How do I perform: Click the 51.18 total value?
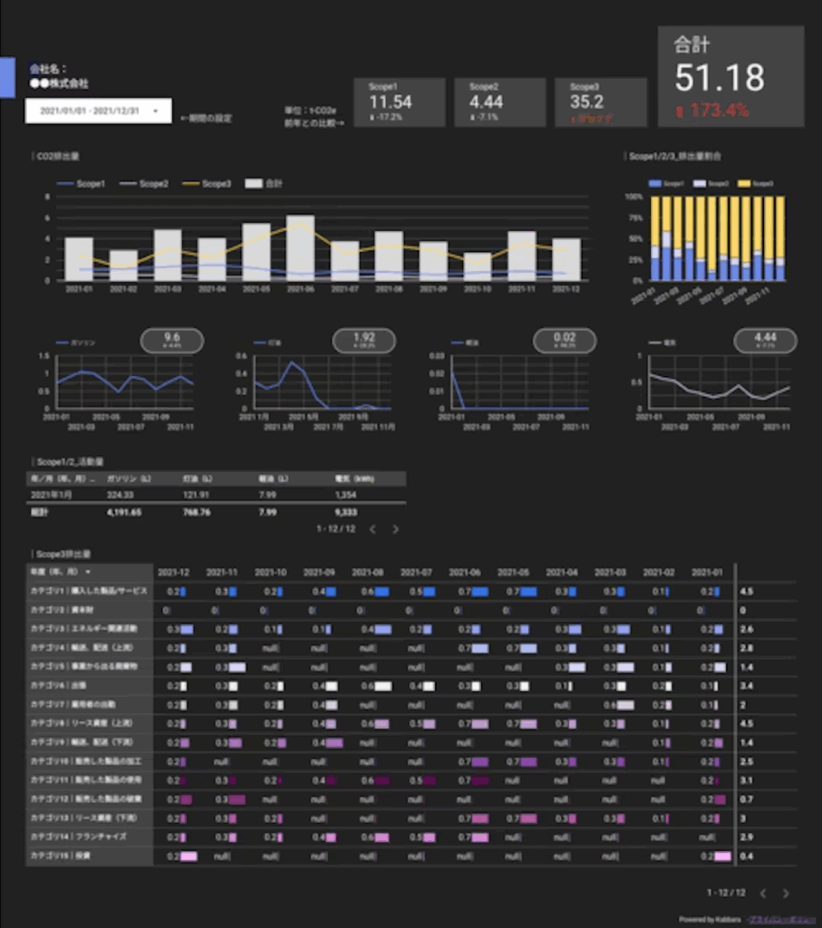pos(720,78)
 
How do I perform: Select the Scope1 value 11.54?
pos(391,101)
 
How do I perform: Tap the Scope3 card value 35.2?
pos(587,101)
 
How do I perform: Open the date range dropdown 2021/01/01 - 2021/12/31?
pos(97,111)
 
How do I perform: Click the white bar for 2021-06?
pos(300,247)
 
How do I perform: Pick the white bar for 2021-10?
pos(477,266)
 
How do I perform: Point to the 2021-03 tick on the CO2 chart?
pos(167,289)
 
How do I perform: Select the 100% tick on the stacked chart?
pos(633,197)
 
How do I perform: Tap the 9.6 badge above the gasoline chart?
pos(172,340)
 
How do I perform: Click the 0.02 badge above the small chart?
pos(564,340)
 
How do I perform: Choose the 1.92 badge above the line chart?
pos(363,340)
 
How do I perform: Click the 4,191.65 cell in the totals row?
pos(123,512)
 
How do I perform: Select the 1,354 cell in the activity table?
pos(345,495)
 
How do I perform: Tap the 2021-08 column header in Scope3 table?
pos(367,573)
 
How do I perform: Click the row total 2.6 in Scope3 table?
pos(747,629)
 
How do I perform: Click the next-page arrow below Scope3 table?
pos(786,893)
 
